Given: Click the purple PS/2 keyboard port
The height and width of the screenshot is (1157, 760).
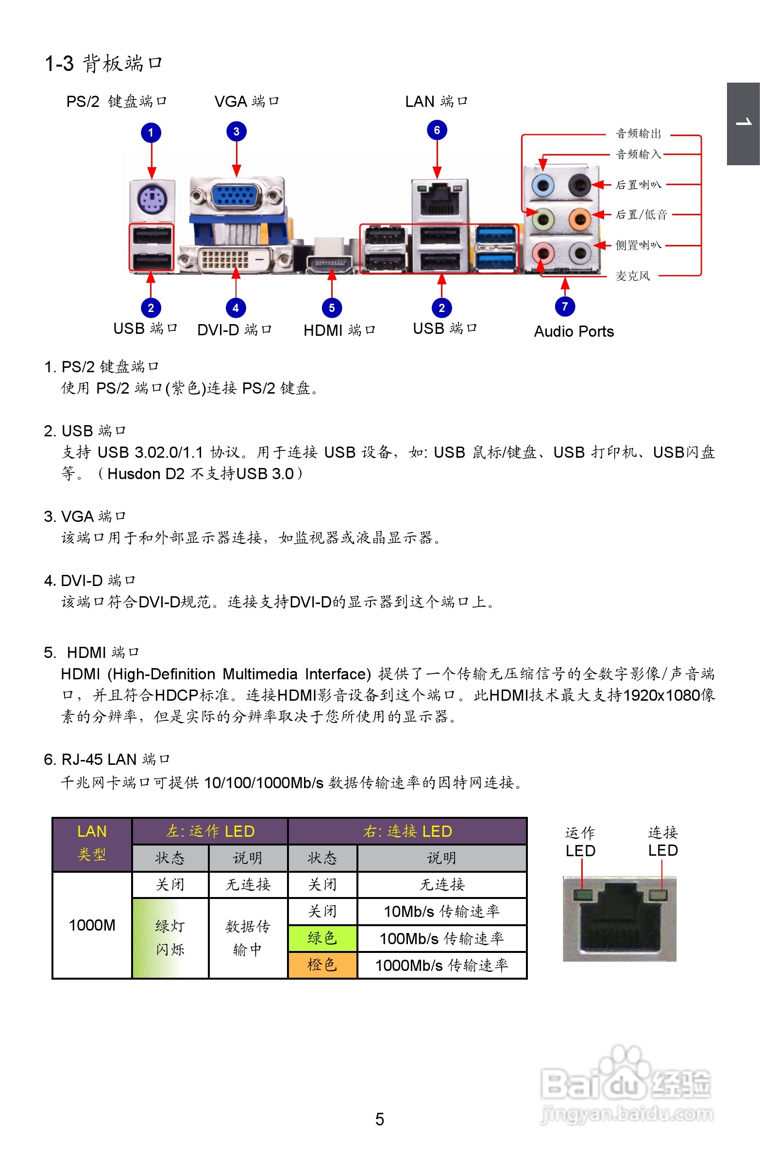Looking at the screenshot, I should pos(152,200).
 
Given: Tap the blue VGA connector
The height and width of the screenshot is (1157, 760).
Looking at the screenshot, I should pos(236,197).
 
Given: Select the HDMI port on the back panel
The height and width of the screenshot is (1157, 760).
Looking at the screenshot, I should pos(330,264).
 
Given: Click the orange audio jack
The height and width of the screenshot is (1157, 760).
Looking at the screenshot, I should pos(579,219).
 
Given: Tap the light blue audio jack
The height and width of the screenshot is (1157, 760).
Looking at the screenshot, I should pos(542,185).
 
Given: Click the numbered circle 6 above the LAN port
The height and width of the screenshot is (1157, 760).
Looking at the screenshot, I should pos(437,130).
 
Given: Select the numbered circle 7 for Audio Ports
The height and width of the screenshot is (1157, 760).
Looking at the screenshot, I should pos(565,306).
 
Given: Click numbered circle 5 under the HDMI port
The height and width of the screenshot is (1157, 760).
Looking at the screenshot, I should pos(332,308).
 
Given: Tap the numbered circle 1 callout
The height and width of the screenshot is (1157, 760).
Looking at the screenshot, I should pos(151,133).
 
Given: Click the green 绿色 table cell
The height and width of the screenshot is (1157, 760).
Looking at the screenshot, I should pos(322,938).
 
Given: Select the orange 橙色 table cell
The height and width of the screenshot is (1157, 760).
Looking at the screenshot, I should pos(322,965).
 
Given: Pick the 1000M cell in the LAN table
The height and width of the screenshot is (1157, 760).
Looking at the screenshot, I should pos(92,925).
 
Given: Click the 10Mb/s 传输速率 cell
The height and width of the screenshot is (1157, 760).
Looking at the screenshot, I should pos(442,912).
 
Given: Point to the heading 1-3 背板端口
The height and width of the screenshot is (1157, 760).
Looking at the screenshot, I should pos(103,64).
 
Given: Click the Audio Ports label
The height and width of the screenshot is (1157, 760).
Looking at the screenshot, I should pos(574,331).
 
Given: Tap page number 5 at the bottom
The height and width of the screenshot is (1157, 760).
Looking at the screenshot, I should pos(379,1120).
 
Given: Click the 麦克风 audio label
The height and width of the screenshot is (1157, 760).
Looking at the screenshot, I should pos(632,276).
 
